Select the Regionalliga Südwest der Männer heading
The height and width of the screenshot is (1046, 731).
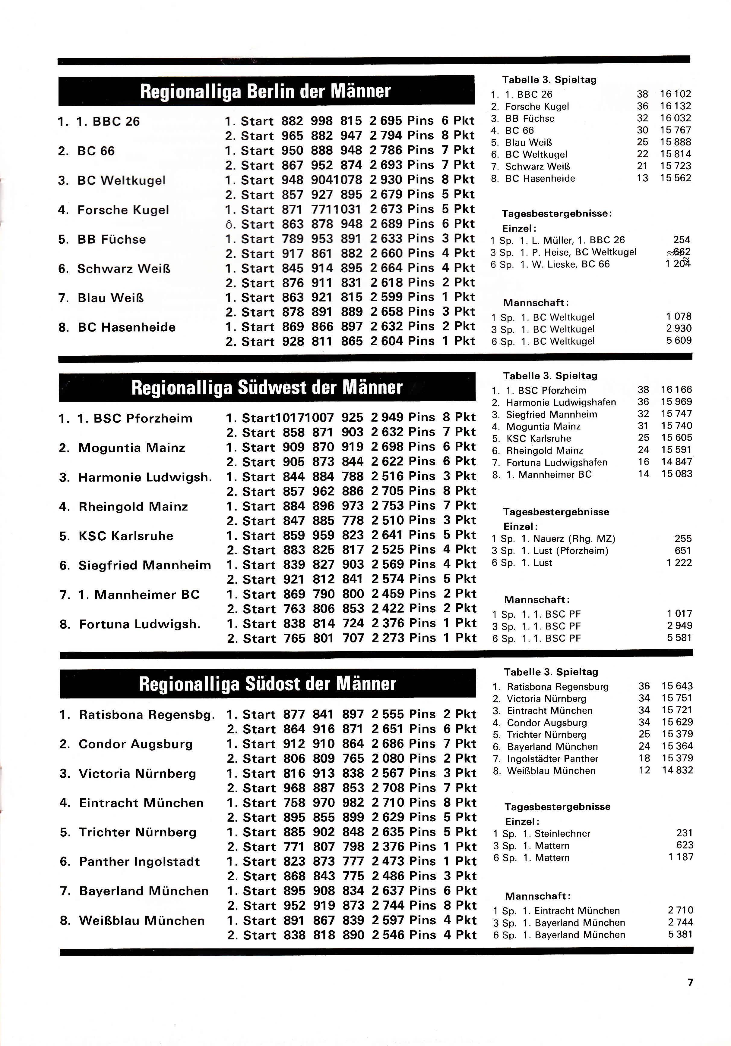pyautogui.click(x=267, y=388)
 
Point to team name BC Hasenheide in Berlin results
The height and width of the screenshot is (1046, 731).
pyautogui.click(x=126, y=327)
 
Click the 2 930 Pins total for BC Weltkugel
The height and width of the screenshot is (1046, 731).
pyautogui.click(x=386, y=180)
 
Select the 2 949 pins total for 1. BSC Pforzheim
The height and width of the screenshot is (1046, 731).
pyautogui.click(x=387, y=417)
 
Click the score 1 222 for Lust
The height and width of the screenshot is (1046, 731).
pyautogui.click(x=679, y=563)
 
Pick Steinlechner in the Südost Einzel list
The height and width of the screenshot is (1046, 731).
pyautogui.click(x=562, y=833)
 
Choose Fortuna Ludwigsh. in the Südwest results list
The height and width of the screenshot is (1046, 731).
pyautogui.click(x=140, y=624)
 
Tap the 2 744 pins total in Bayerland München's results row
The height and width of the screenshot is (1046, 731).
pyautogui.click(x=387, y=905)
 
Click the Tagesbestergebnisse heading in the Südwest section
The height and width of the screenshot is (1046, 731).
pyautogui.click(x=556, y=512)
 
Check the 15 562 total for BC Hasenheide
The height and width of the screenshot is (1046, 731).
pyautogui.click(x=676, y=178)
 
